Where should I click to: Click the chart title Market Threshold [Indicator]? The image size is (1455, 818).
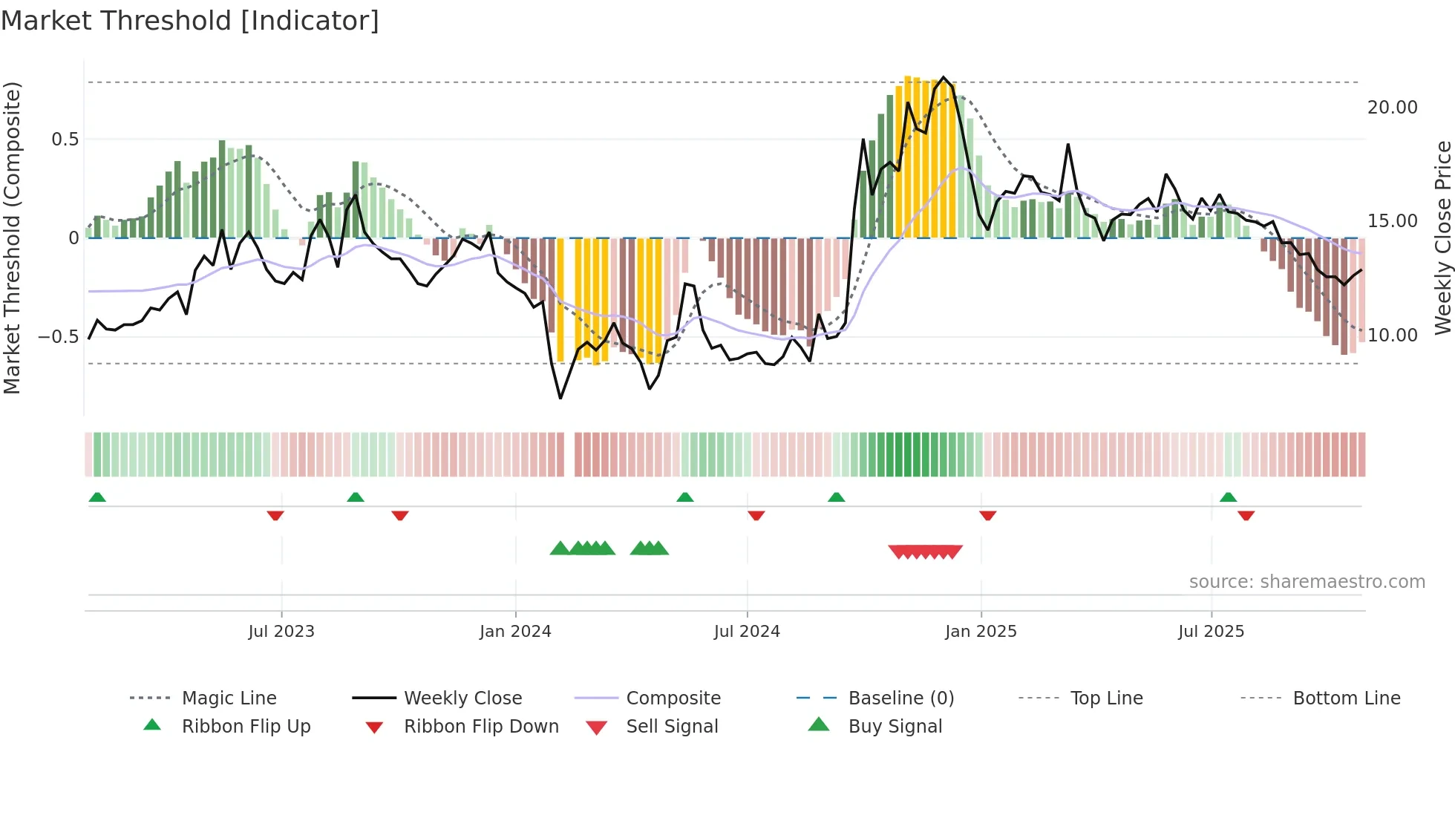point(190,21)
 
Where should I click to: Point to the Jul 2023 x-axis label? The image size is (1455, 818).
point(281,632)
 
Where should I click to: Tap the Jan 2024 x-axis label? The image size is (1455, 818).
point(515,632)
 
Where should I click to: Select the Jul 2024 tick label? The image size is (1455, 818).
point(747,632)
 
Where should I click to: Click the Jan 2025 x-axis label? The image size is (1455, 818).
point(981,632)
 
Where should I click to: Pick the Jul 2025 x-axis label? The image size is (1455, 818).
point(1211,632)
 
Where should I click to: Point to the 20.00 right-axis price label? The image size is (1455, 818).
point(1393,108)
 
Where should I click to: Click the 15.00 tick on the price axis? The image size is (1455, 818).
point(1393,221)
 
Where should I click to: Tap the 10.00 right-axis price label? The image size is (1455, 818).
point(1393,336)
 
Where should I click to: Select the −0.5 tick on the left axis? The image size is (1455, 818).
point(58,337)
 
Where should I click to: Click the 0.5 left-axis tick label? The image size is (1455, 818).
point(65,140)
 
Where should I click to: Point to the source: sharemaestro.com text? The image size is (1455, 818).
point(1307,582)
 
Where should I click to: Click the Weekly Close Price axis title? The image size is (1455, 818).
point(1442,238)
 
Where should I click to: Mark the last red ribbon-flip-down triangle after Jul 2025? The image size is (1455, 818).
point(1246,515)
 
